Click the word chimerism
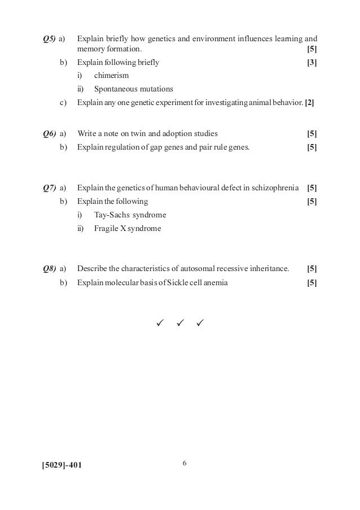pos(112,75)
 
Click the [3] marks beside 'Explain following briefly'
pos(311,62)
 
